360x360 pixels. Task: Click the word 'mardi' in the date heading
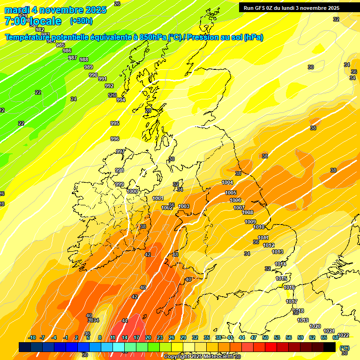point(17,10)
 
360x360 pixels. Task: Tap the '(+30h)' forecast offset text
point(81,21)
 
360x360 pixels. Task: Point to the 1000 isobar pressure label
point(132,191)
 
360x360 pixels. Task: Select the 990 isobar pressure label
point(93,75)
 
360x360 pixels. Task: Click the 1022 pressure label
point(343,335)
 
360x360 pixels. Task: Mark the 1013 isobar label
point(277,252)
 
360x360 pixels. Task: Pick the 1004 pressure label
point(227,182)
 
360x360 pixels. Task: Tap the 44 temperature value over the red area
point(125,321)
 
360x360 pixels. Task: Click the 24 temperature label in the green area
point(74,99)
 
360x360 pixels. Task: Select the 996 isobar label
point(115,139)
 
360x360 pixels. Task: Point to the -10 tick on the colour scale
point(32,337)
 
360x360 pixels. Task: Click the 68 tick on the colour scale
point(336,337)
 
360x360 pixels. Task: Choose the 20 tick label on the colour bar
point(148,337)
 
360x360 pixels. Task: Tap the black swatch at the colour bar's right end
point(330,347)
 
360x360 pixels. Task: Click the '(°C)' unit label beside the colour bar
point(345,347)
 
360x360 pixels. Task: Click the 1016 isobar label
point(289,287)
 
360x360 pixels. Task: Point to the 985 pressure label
point(60,45)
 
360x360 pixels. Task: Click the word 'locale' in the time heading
point(45,21)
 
